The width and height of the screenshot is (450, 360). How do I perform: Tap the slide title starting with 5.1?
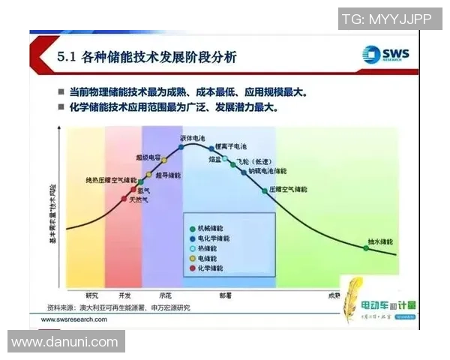point(147,57)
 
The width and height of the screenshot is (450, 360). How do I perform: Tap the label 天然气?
point(139,200)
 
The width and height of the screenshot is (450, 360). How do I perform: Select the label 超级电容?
point(148,157)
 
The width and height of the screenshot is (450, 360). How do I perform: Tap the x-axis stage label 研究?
point(92,295)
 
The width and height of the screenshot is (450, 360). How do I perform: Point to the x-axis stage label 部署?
point(225,295)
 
